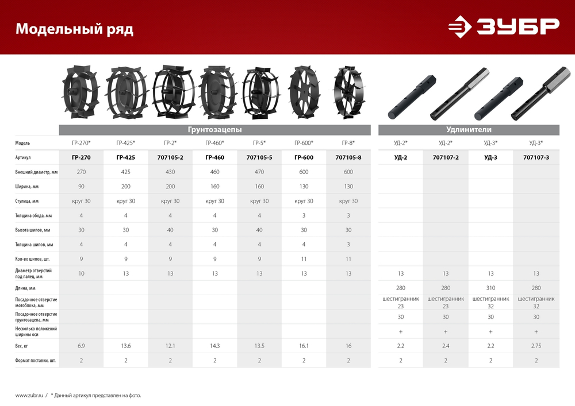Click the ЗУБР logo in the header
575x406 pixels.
click(504, 26)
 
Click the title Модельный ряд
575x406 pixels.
click(74, 29)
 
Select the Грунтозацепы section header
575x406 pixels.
click(214, 130)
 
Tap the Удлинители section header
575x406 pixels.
click(469, 130)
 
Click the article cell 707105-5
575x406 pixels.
click(259, 157)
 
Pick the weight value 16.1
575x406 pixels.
click(304, 346)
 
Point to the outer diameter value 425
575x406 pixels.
click(125, 172)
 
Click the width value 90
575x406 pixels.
click(81, 186)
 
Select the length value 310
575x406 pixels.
click(491, 288)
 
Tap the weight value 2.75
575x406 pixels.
click(536, 346)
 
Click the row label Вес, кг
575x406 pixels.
click(24, 346)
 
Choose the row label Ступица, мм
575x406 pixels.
click(27, 201)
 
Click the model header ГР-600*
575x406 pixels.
click(304, 143)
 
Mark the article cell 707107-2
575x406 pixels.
click(446, 157)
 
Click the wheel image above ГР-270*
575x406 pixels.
click(80, 95)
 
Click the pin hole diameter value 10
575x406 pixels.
click(81, 273)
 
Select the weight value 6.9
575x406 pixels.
click(81, 346)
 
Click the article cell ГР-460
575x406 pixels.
click(214, 157)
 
